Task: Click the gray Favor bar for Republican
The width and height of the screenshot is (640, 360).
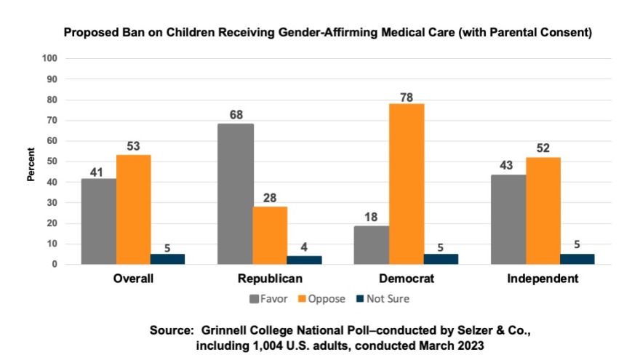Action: coord(236,194)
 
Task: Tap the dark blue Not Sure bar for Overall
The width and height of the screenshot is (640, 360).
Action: coord(167,259)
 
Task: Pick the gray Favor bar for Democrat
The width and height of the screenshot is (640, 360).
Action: coord(372,245)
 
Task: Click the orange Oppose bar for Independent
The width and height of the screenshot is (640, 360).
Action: coord(543,211)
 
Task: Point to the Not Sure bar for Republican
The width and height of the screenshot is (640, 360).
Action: coord(304,260)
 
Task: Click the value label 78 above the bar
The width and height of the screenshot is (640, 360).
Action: coord(407,96)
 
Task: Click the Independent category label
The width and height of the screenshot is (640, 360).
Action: coord(543,279)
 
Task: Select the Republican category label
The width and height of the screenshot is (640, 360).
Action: coord(270,279)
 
